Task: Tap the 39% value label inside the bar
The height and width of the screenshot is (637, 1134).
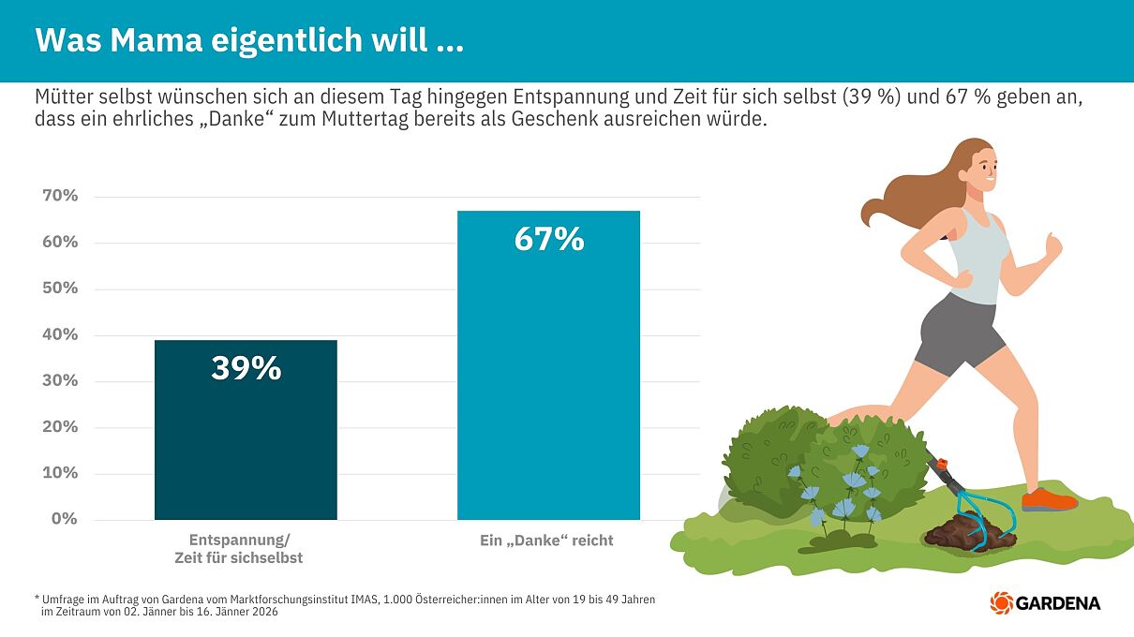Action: [x=246, y=368]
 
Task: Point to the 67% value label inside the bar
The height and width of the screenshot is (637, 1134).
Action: [x=548, y=240]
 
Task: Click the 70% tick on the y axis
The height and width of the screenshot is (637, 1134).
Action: [x=60, y=196]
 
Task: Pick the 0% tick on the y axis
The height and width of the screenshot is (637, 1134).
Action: [x=65, y=518]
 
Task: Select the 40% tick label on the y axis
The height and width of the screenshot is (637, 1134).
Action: [x=60, y=334]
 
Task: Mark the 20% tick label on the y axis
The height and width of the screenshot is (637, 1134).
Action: [x=60, y=426]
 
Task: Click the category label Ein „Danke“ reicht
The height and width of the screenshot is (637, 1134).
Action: [x=546, y=541]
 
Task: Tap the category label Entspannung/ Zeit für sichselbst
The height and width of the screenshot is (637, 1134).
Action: [x=239, y=549]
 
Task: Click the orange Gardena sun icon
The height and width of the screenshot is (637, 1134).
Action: [x=1001, y=602]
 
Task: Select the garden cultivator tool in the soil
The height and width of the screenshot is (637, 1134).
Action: [x=975, y=511]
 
